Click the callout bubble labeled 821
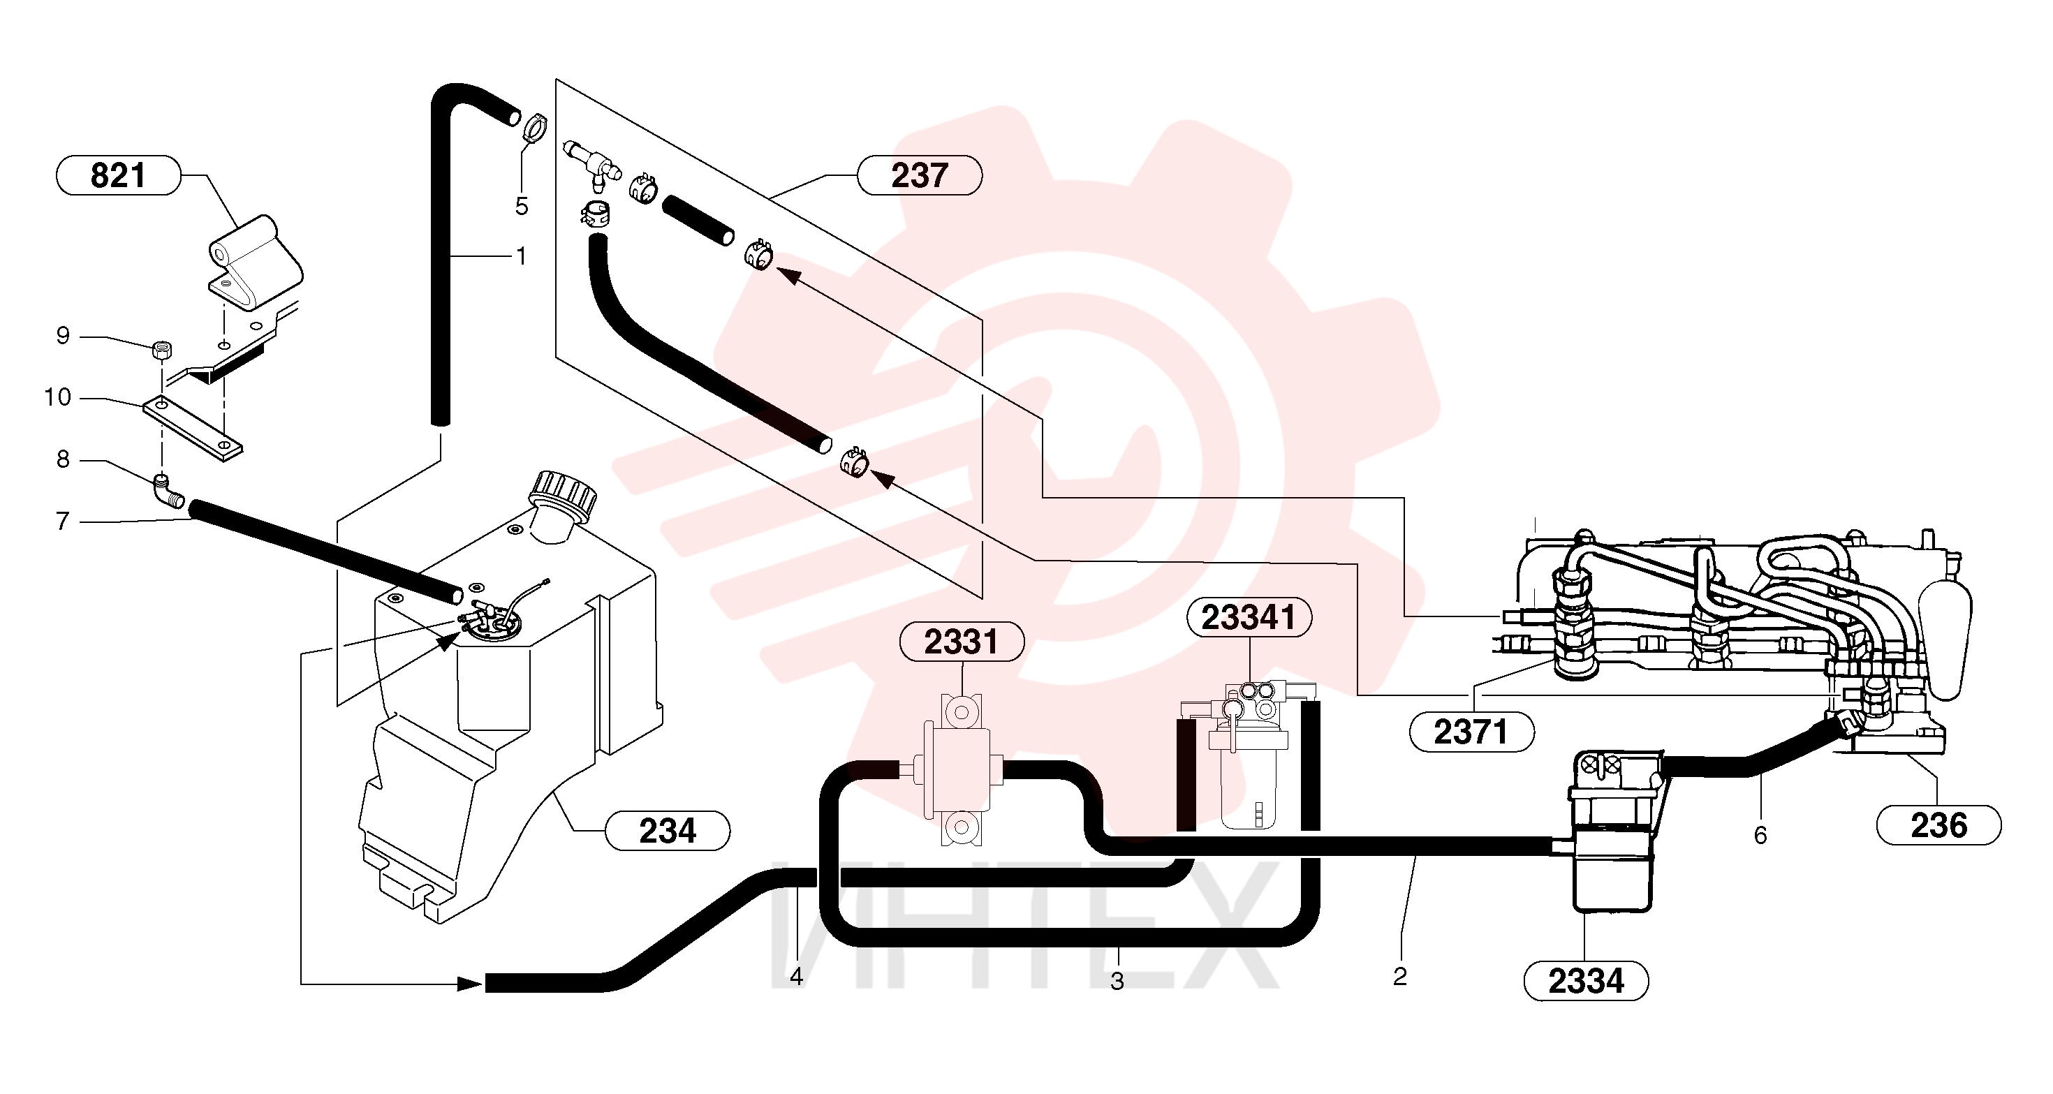point(118,175)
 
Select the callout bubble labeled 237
point(920,175)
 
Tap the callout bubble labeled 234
point(668,831)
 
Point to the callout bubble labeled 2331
point(961,642)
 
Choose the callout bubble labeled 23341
point(1249,618)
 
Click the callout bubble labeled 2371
point(1471,732)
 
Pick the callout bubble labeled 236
point(1938,825)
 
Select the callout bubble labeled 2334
point(1586,981)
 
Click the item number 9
point(63,335)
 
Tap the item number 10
point(57,397)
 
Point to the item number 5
point(521,207)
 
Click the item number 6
point(1760,835)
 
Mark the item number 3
point(1117,982)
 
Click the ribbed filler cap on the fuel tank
point(564,491)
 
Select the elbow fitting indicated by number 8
point(168,491)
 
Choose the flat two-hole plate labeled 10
point(193,429)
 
